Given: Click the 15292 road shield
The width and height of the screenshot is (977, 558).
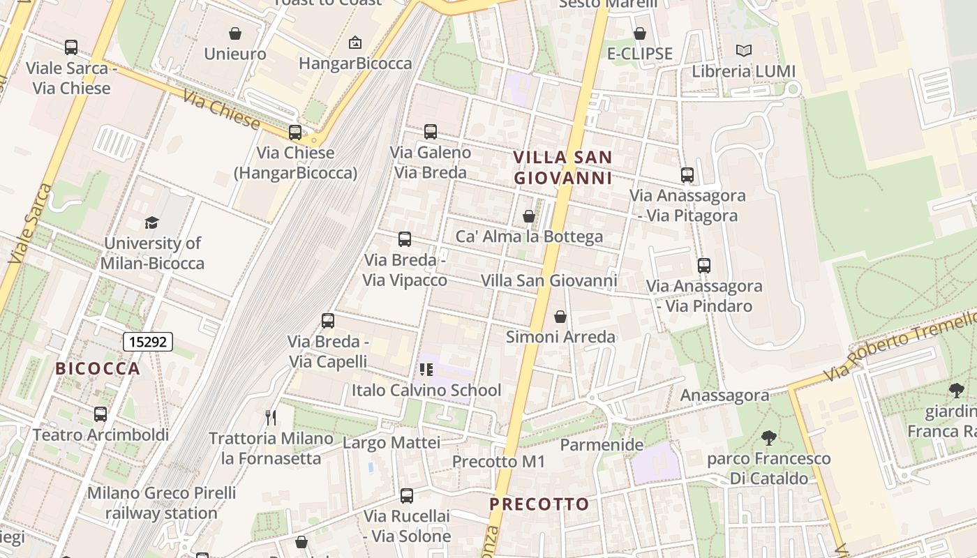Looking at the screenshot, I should (x=148, y=342).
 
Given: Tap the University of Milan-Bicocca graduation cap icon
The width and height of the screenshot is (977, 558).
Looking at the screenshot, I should (x=151, y=223).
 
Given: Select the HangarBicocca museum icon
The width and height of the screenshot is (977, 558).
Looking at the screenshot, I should (x=355, y=43).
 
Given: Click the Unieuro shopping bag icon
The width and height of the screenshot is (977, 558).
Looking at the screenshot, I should (x=235, y=33).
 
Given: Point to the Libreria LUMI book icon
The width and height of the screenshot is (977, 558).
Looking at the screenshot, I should (x=744, y=51).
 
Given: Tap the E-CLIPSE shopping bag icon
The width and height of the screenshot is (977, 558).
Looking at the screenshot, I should (x=639, y=33).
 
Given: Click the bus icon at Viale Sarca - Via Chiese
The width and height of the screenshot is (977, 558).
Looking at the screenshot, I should (x=71, y=47).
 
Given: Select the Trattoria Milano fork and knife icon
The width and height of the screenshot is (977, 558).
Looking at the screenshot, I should (x=271, y=418).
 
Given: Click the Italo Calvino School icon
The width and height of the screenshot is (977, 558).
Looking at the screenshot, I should (x=426, y=370).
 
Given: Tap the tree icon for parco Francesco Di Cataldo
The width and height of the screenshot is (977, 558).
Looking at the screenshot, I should (x=769, y=438).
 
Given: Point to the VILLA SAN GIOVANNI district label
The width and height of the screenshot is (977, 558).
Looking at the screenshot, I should (x=562, y=167).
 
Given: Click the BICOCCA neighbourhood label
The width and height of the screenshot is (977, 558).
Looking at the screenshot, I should (x=98, y=369).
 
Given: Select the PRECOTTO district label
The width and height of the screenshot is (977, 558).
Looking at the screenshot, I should (x=539, y=504).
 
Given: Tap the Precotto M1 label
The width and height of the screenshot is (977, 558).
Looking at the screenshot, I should (x=498, y=462).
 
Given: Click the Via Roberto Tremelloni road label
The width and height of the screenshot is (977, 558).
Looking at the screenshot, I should (x=900, y=347).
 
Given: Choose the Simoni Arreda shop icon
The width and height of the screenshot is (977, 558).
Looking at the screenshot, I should (x=560, y=317).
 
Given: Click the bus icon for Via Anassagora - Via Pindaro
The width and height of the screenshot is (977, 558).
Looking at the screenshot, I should (x=703, y=266).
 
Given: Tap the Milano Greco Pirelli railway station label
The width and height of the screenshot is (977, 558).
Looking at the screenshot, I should (x=162, y=503).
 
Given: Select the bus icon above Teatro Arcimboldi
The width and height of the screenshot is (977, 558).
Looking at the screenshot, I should (x=100, y=414).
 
